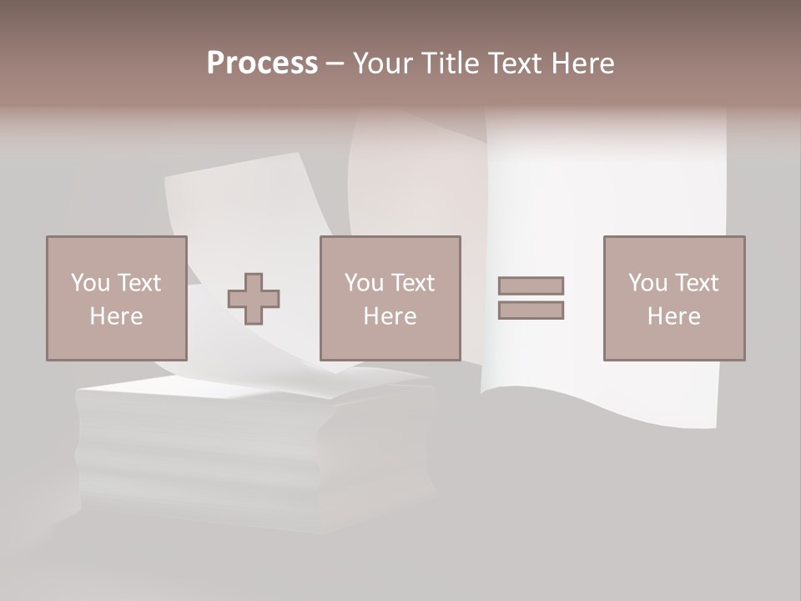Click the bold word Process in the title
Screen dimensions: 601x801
coord(262,63)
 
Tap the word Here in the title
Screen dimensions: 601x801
coord(581,63)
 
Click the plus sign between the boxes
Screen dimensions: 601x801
coord(254,299)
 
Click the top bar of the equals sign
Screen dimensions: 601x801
coord(531,285)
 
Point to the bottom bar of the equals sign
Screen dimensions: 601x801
coord(531,310)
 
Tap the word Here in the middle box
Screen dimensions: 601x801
coord(390,316)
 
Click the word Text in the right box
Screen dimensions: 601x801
coord(696,283)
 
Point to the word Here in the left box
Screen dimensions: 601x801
coord(117,316)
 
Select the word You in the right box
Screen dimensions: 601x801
coord(648,283)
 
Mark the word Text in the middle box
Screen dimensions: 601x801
coord(412,283)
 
